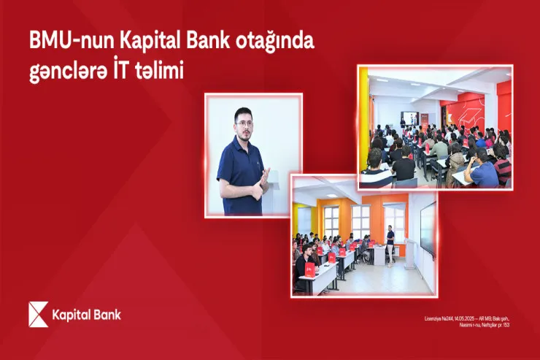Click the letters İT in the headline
coord(130,72)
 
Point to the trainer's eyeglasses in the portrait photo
coord(244,124)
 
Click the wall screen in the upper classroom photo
coord(411,118)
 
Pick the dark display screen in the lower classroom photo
coord(428,227)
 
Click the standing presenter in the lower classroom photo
coord(390,244)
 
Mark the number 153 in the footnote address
coord(506,324)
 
